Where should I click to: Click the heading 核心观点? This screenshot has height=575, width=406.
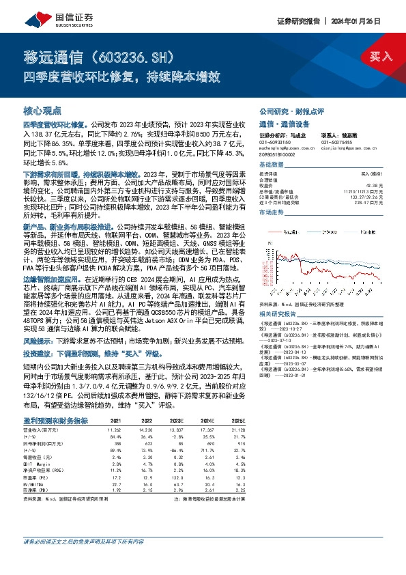[x=42, y=110]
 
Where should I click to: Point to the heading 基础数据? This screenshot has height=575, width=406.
[x=273, y=165]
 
